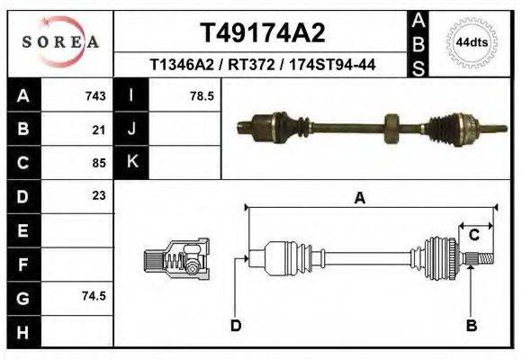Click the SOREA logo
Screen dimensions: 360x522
60,42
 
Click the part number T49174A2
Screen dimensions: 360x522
262,33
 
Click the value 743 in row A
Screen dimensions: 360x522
95,95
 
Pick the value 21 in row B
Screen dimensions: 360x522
99,129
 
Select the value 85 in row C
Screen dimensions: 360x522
99,163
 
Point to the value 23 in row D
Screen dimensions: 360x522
99,195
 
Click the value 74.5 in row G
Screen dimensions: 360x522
94,296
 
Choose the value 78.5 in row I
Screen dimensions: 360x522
202,95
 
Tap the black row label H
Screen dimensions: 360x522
22,330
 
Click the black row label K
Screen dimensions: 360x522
131,162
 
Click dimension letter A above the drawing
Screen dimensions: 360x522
359,199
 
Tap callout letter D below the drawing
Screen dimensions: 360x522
236,325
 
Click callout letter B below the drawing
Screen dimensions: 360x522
470,325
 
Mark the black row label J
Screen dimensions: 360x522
131,129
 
